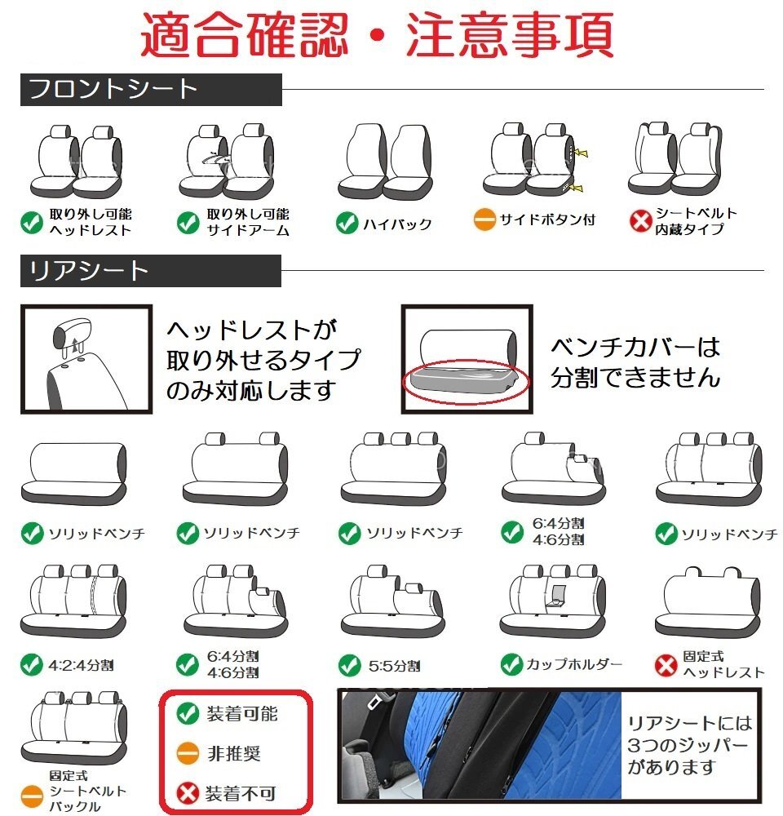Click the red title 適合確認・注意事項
tap(377, 33)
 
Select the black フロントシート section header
tap(151, 89)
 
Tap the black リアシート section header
tap(151, 271)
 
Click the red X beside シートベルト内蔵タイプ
tap(640, 221)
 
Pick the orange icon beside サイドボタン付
tap(484, 220)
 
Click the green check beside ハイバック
tap(347, 223)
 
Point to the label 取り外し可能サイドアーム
tap(247, 222)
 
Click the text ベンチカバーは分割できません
tap(635, 363)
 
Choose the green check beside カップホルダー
tap(511, 663)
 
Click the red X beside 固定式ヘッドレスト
tap(666, 664)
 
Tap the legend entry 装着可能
tap(241, 714)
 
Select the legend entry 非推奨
tap(232, 753)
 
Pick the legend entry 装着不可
tap(241, 792)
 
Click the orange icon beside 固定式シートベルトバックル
tap(31, 792)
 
